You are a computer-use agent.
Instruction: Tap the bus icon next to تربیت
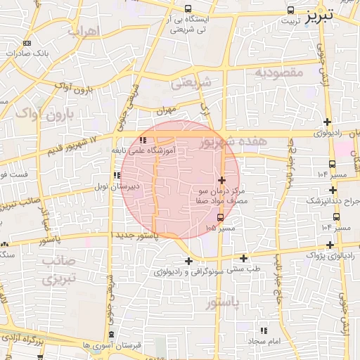click(x=291, y=11)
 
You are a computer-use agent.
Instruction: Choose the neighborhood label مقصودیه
click(x=278, y=72)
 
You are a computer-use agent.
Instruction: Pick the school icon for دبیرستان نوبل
click(x=116, y=176)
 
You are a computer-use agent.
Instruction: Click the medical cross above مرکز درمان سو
click(x=222, y=181)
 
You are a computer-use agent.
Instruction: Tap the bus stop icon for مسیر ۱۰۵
click(x=221, y=217)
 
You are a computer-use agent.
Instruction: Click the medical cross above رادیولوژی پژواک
click(x=330, y=244)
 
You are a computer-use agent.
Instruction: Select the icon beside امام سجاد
click(x=264, y=330)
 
